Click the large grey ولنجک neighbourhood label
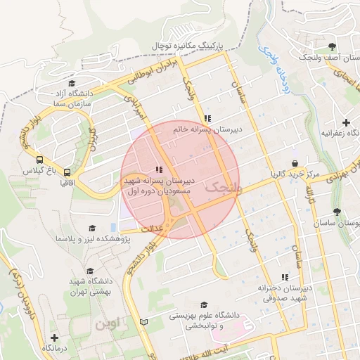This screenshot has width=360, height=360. tap(224, 188)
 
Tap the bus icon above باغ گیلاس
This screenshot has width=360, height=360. tap(39, 160)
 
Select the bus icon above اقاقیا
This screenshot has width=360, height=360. tap(67, 171)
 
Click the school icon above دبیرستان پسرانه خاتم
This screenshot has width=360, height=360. tap(206, 118)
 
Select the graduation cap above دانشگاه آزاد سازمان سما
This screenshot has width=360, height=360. tap(72, 83)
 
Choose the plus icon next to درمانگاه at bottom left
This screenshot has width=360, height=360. tap(54, 337)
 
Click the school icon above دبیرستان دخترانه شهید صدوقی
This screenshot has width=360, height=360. tap(284, 277)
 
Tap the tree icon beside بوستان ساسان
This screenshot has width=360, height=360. tap(337, 211)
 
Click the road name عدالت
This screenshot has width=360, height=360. tap(153, 229)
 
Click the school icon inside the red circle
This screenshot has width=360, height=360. tap(159, 169)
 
